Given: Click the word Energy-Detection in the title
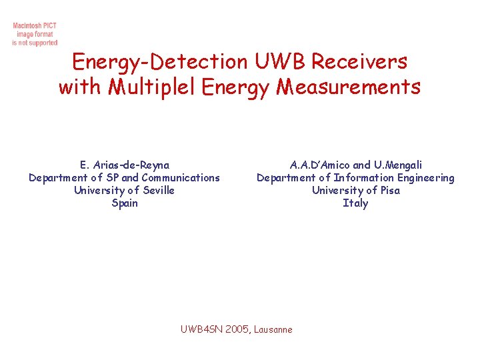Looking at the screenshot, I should (x=160, y=62).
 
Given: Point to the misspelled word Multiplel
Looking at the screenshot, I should (x=154, y=87).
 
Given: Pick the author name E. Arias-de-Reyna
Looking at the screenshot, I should (x=125, y=165).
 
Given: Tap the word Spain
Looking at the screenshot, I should (x=125, y=203).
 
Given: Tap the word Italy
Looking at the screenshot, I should (x=355, y=203).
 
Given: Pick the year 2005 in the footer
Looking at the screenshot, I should (x=237, y=329).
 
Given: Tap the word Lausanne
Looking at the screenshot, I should (x=273, y=329).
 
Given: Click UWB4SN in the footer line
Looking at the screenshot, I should (x=202, y=329).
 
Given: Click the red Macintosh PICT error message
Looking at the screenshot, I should (x=35, y=34).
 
